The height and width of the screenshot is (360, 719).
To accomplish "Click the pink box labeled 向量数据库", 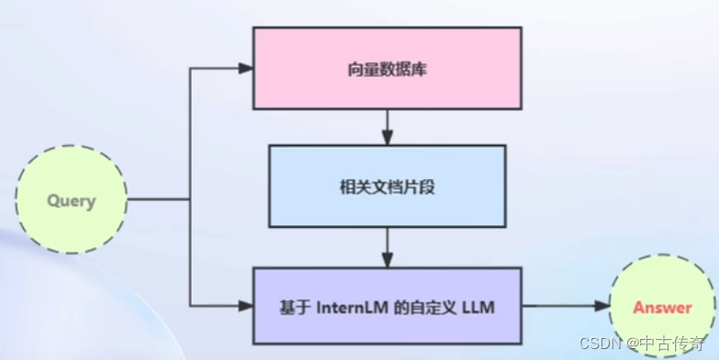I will click(x=387, y=68).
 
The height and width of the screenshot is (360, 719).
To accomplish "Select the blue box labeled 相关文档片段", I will click(x=387, y=186).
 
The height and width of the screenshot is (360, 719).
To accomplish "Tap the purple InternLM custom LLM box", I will click(x=387, y=307).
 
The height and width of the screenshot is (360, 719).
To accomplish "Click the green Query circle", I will click(x=72, y=199).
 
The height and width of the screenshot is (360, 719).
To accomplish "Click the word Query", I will click(x=72, y=200).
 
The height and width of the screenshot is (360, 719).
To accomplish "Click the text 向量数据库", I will click(x=387, y=68).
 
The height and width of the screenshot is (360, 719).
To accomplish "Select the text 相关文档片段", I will click(x=387, y=186).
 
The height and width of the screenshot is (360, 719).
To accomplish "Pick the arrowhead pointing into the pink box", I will click(x=245, y=68).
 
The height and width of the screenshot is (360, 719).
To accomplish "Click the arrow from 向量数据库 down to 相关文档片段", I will click(x=387, y=127).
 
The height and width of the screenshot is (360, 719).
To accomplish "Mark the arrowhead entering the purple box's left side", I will click(x=245, y=304).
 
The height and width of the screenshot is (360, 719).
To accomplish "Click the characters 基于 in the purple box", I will click(x=294, y=308).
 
